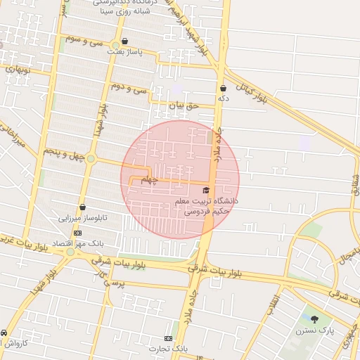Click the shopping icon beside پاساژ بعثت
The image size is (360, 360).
pos(125,41)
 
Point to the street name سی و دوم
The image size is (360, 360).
pos(131,87)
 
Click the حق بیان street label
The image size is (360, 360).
pos(184,105)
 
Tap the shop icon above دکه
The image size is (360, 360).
pos(224,89)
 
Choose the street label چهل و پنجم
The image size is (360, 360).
pos(64,152)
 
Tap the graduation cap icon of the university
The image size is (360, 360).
pos(206,191)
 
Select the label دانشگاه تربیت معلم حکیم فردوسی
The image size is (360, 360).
pos(207,205)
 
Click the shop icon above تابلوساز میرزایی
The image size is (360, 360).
pos(84,207)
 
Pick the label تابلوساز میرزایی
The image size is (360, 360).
pos(84,218)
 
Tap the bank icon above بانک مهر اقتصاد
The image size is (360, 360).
pos(77,233)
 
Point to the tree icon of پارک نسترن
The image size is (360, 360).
pos(314,319)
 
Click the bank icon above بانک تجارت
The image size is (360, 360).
pos(168,338)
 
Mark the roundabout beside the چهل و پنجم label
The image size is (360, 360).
pos(91,158)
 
